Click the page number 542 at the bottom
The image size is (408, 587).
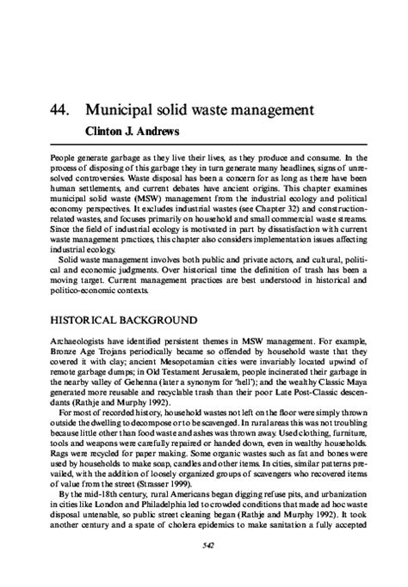coord(203,568)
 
